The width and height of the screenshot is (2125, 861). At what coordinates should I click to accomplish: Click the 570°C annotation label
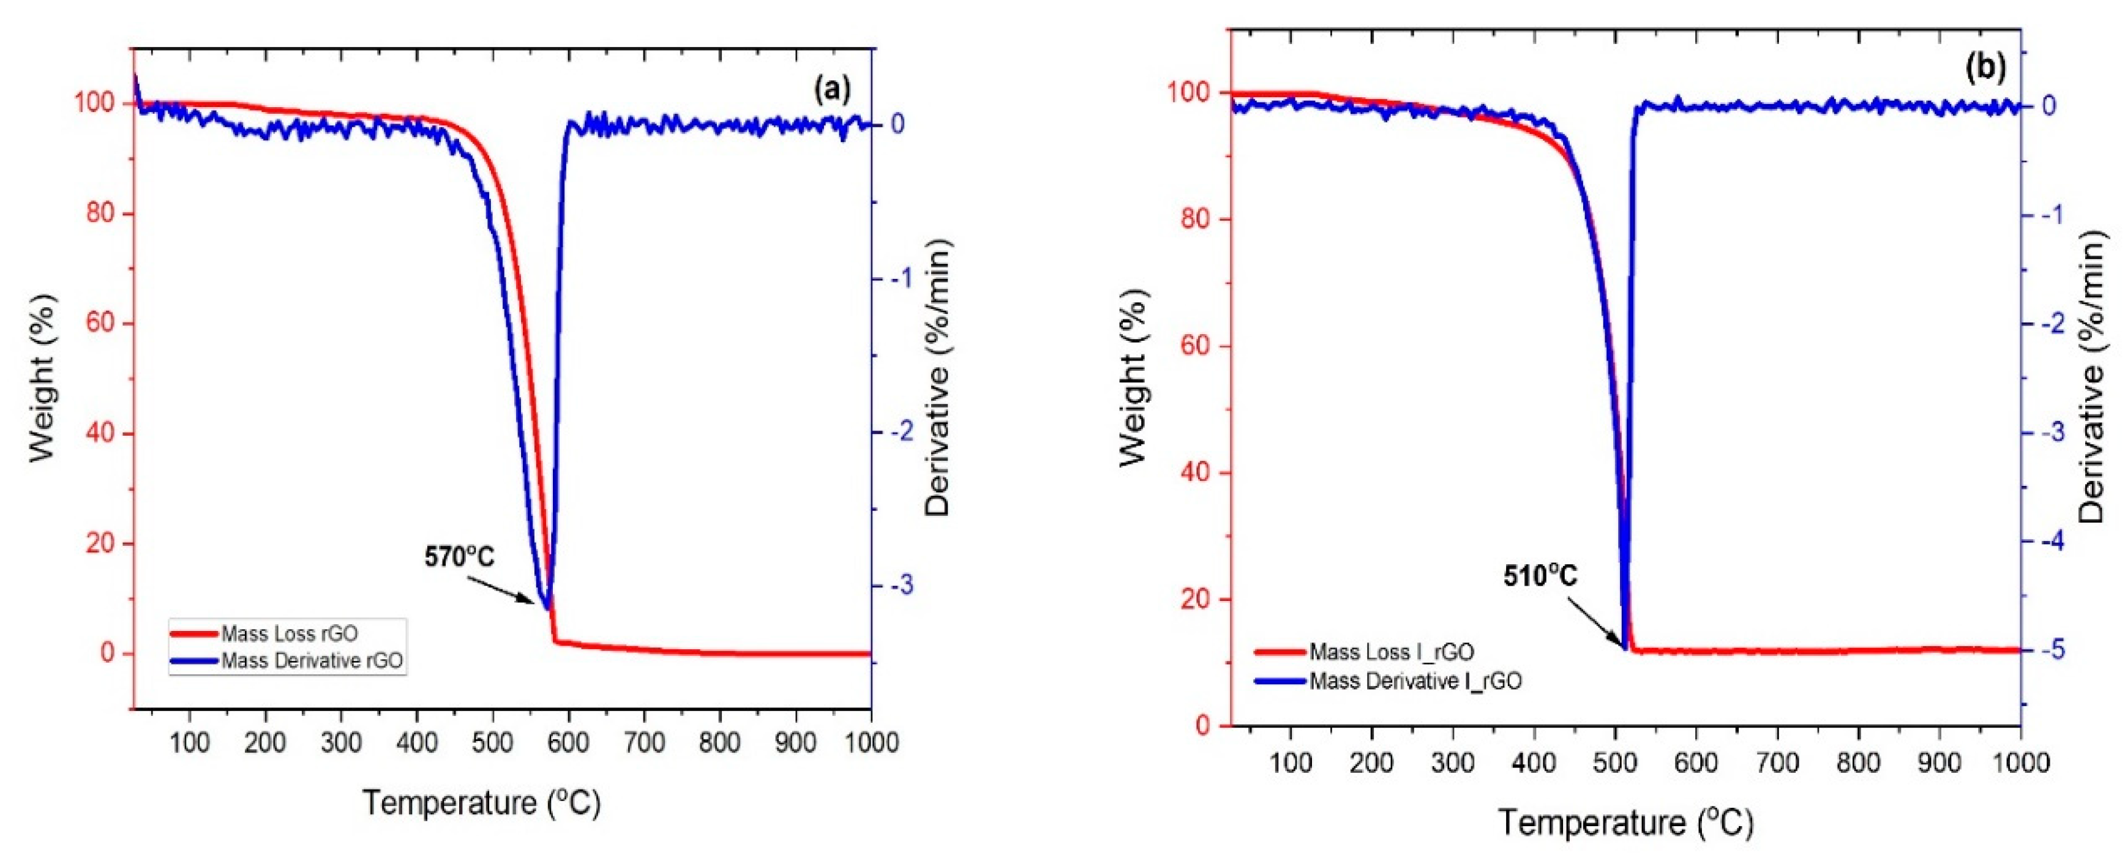coord(460,557)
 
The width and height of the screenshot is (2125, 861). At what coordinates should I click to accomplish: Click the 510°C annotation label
coord(1539,576)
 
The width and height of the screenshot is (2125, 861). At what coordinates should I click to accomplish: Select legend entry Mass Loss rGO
coord(289,633)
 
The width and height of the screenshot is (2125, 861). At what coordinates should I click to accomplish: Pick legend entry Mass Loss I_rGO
coord(1391,652)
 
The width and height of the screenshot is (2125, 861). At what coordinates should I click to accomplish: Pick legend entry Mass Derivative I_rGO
coord(1415,681)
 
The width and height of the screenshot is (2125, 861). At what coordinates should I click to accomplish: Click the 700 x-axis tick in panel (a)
coord(643,742)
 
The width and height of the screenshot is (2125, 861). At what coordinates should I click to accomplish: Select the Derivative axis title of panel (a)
coord(938,378)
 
